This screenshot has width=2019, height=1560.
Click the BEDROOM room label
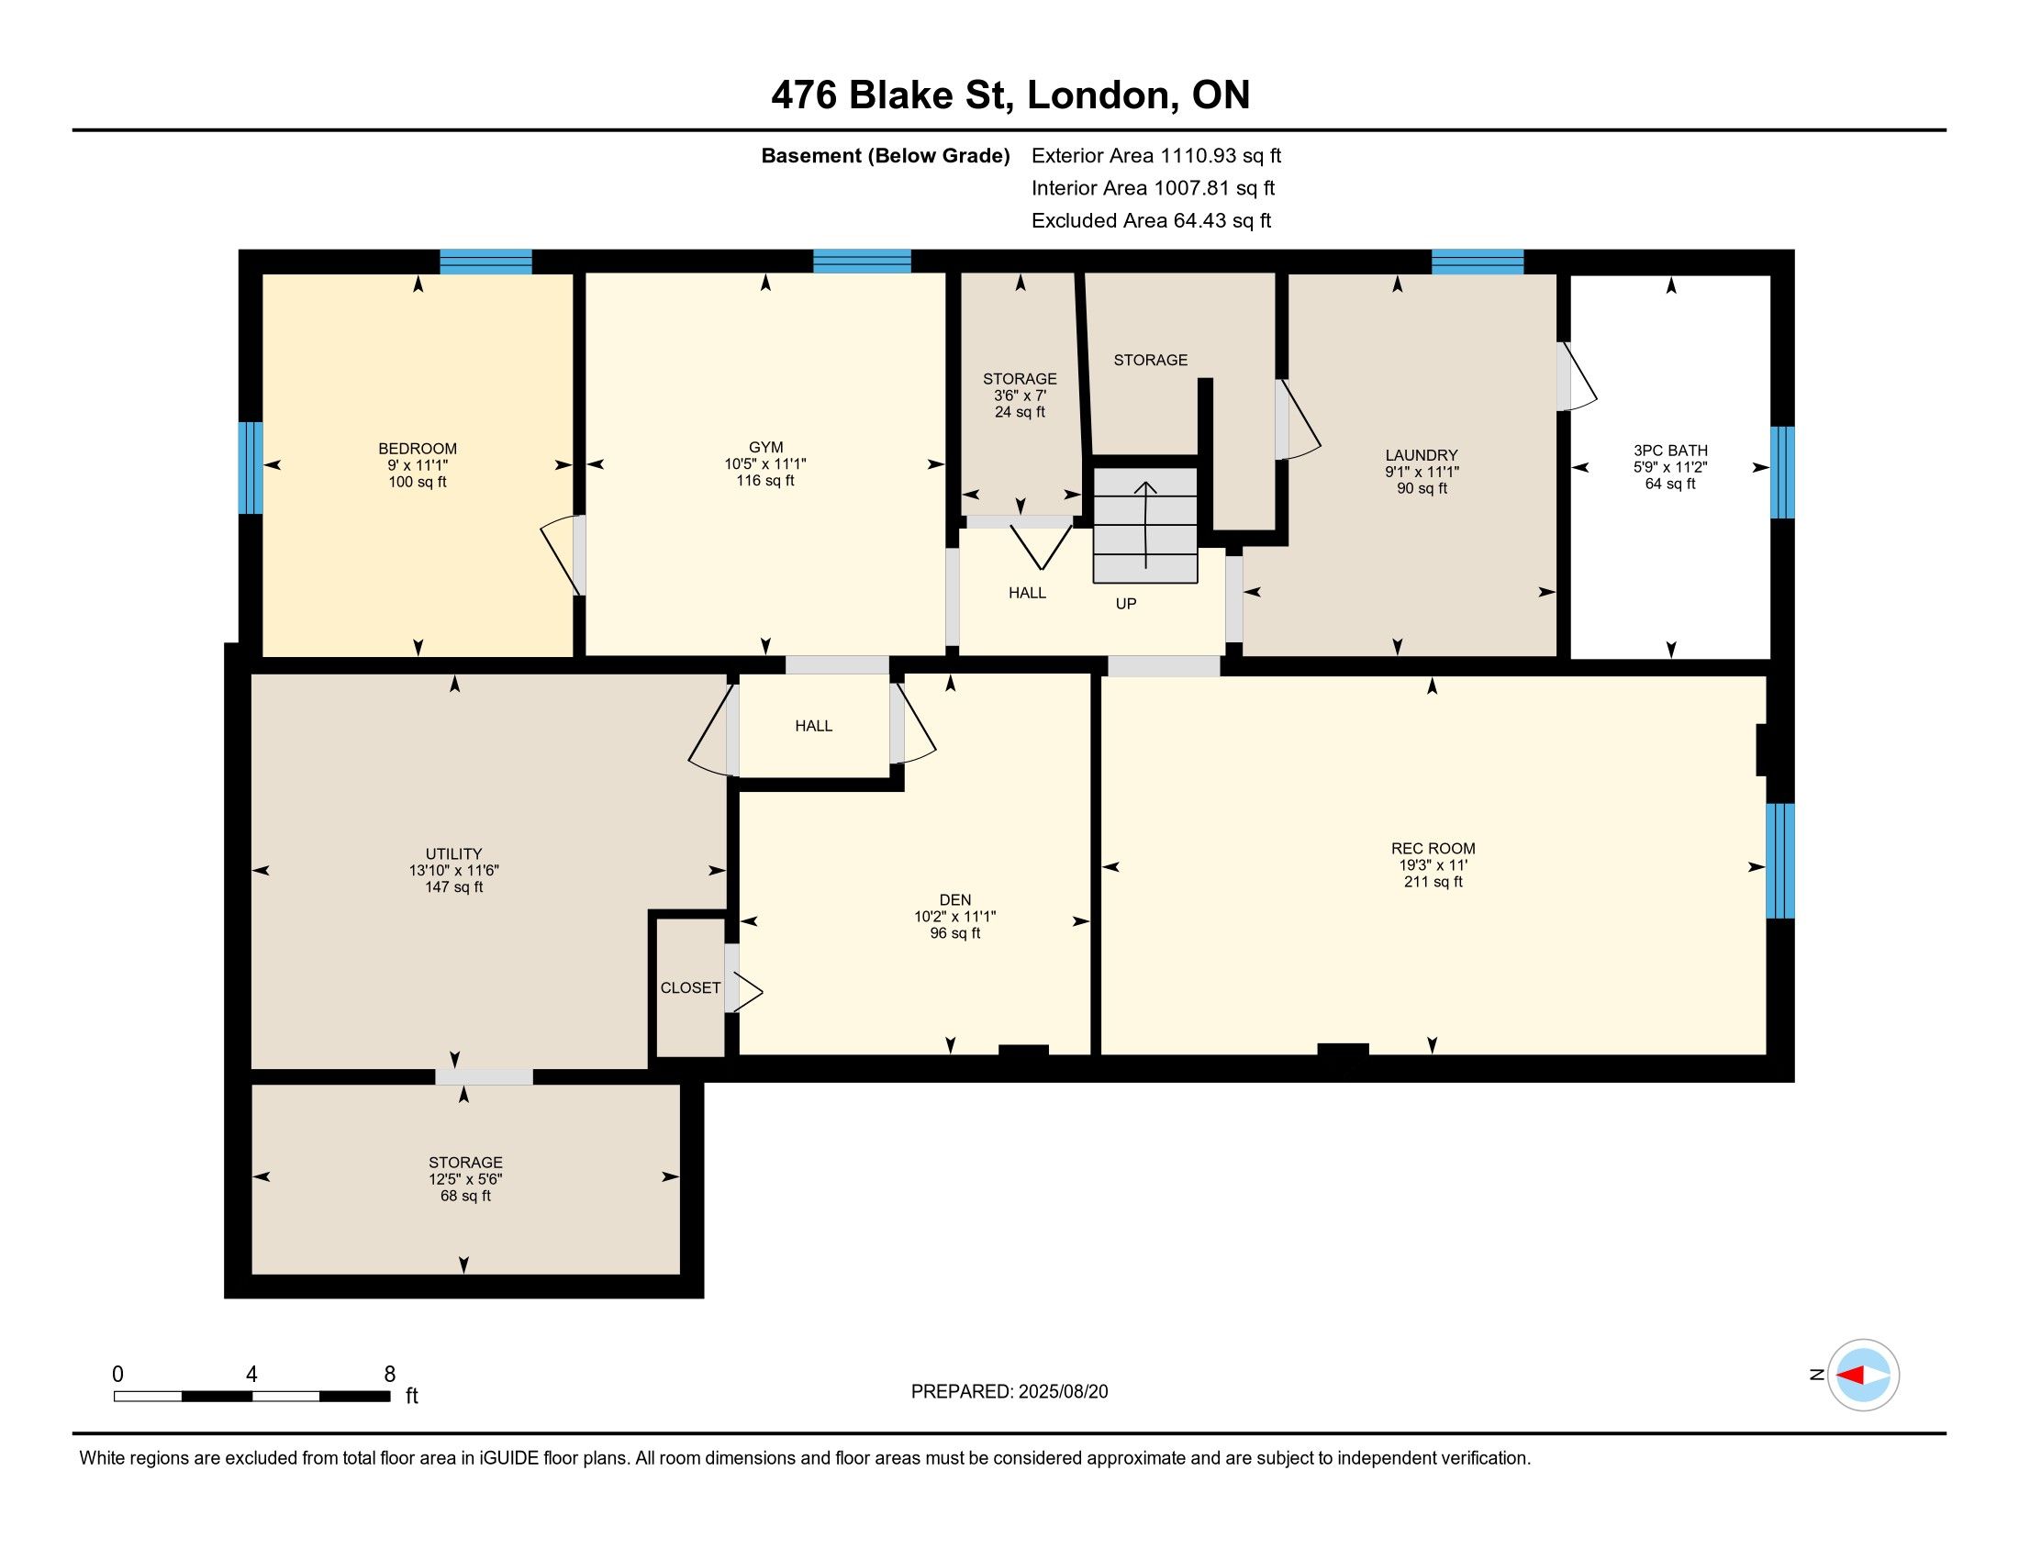418,449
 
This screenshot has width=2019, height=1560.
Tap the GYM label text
765,448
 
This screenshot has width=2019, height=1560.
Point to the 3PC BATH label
1670,451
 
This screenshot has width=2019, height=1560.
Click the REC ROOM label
1433,849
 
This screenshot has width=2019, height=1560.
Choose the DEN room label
955,900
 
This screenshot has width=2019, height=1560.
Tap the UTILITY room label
454,854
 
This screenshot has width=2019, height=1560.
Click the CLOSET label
690,988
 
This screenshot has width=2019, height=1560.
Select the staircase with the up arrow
1145,525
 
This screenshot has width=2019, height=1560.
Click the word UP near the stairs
1126,604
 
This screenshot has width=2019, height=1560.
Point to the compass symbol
1863,1376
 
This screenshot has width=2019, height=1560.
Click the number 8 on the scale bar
390,1375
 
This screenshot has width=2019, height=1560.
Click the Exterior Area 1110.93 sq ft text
1156,156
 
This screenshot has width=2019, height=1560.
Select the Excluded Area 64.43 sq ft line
1151,221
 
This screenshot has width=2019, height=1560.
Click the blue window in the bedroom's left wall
251,468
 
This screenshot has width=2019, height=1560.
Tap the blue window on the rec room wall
1780,862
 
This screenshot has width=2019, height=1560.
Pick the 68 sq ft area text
465,1196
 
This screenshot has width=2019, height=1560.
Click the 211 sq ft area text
1433,882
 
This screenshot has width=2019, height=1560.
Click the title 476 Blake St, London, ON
1010,95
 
